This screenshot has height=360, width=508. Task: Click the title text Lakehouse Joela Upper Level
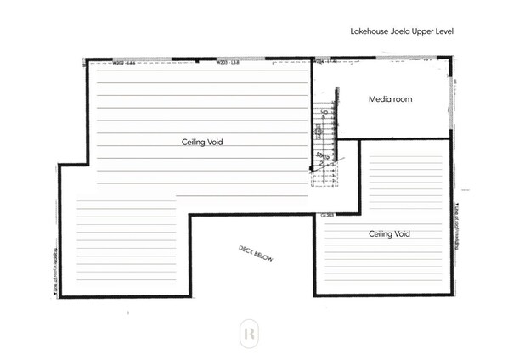tap(403, 31)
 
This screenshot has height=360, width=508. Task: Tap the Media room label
tap(390, 99)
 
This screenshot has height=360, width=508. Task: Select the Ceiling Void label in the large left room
tap(202, 142)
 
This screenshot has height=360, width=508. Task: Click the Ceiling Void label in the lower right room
tap(390, 233)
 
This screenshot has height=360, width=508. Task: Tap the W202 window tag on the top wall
tap(125, 62)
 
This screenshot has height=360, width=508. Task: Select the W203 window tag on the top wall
tap(227, 62)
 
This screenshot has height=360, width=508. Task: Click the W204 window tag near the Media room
tap(327, 62)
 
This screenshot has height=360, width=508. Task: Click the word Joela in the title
tap(402, 31)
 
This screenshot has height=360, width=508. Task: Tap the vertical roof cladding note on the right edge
tap(455, 225)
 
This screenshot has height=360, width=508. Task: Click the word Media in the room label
tap(379, 99)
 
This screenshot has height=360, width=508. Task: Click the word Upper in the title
tap(424, 31)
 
